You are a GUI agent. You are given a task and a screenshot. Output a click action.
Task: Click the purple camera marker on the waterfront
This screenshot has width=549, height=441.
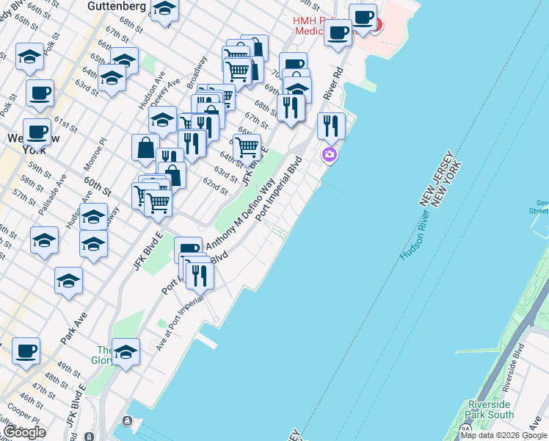pos(330,154)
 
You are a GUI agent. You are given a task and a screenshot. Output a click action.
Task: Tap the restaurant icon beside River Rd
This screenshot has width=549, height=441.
pos(331,126)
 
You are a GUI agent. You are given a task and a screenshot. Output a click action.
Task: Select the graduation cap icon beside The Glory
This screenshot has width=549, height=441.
pos(126,354)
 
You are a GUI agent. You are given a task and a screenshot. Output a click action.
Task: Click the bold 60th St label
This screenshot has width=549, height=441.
pos(96,180)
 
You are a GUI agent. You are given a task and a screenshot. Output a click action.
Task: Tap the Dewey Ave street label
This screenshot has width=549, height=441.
pos(170,93)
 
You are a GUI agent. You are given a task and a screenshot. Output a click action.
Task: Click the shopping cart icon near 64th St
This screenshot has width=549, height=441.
pos(247,147)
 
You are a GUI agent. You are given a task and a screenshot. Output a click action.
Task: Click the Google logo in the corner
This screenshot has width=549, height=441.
pos(24,432)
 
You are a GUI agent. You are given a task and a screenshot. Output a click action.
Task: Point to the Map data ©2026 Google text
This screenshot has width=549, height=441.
pos(503,435)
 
